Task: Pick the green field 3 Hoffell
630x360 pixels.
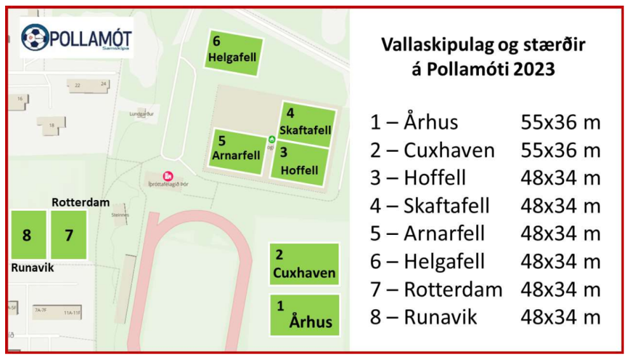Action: [x=300, y=164]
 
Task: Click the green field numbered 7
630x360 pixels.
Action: [x=69, y=235]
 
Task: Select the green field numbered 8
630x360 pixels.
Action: [x=28, y=235]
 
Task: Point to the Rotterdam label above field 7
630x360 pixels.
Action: [x=81, y=203]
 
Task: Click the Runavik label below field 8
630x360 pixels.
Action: [x=32, y=268]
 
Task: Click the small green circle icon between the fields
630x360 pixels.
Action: [x=272, y=138]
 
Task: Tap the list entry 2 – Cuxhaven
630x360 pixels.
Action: [x=432, y=150]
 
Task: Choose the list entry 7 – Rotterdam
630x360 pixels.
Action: [x=436, y=290]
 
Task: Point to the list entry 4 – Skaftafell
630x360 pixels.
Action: [x=430, y=206]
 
